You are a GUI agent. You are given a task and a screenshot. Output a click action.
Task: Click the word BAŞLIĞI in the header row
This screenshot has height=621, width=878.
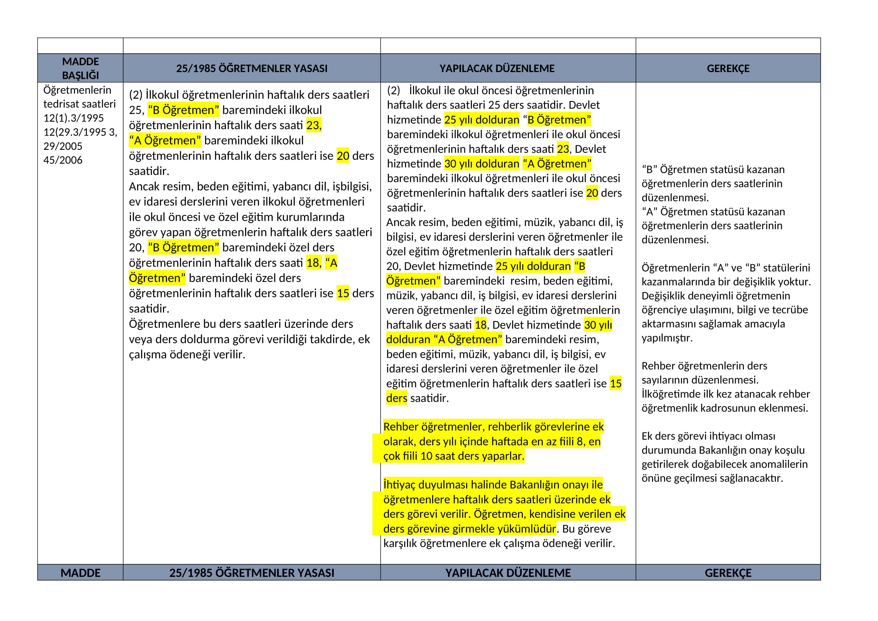[x=80, y=75]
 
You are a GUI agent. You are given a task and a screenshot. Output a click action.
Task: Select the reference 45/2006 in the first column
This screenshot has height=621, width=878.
[x=63, y=160]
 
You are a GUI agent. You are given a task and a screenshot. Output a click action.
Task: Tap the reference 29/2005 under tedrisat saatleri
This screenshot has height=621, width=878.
[x=63, y=146]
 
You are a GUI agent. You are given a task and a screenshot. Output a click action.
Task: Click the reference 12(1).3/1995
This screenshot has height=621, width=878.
[x=74, y=118]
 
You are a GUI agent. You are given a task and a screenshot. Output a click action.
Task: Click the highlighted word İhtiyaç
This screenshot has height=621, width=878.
[x=399, y=485]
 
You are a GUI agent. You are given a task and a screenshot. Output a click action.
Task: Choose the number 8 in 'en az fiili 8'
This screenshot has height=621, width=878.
[x=580, y=442]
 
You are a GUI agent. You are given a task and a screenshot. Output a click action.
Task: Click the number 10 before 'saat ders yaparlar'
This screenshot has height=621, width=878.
[x=426, y=456]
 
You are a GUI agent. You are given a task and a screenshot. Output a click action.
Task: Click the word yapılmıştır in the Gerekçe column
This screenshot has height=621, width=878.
[x=667, y=338]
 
